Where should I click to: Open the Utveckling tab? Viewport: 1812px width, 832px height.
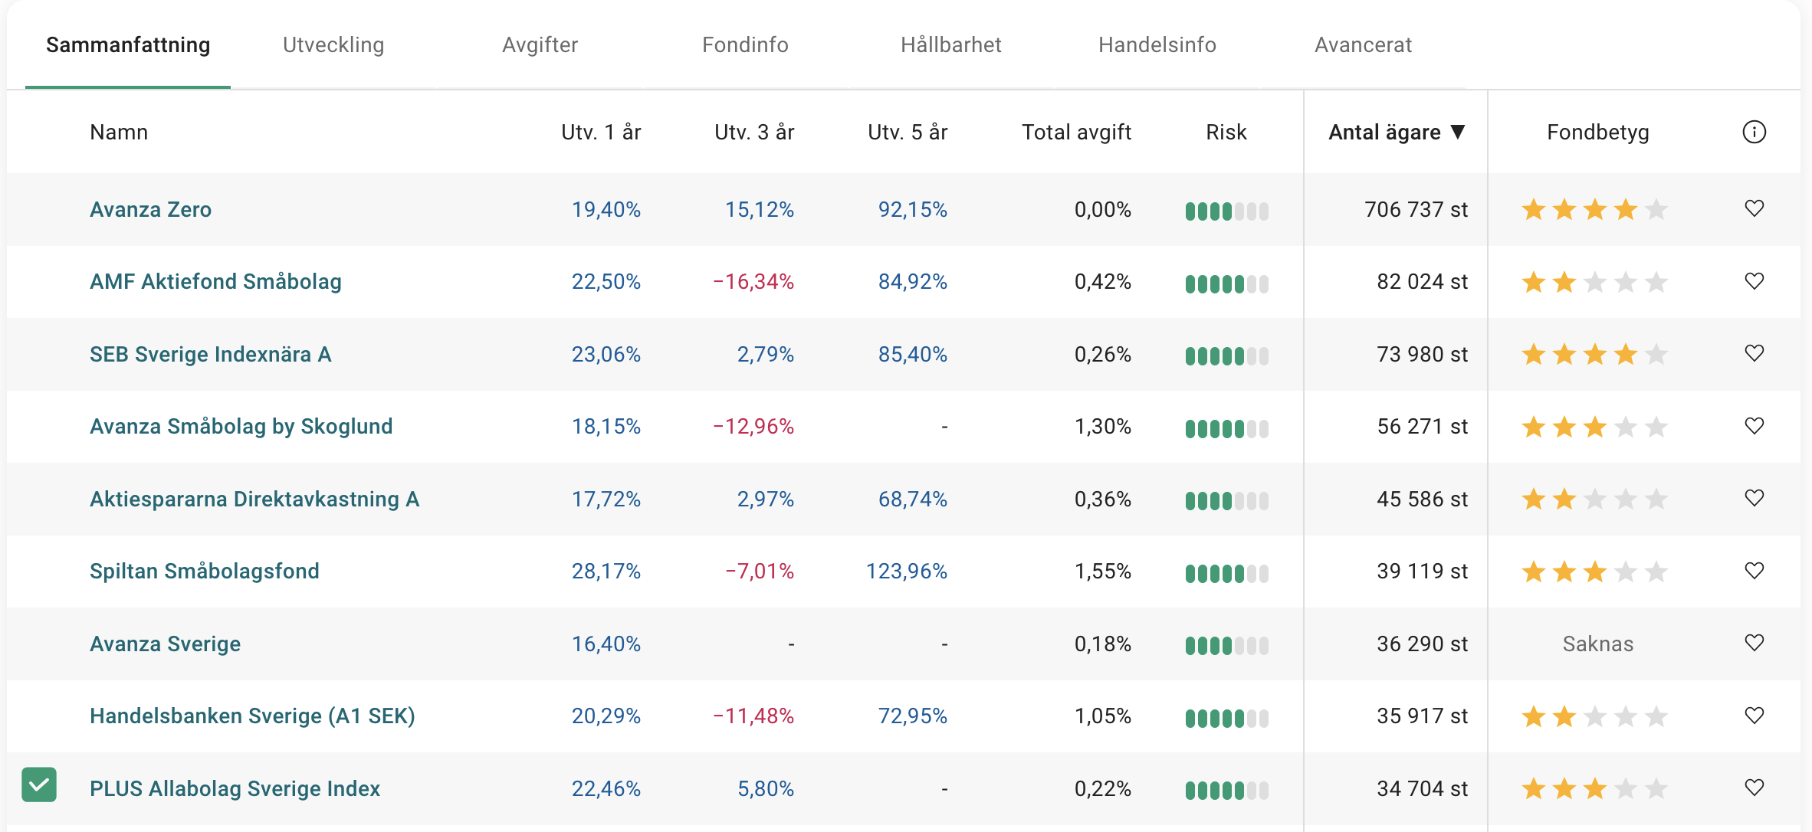pos(333,45)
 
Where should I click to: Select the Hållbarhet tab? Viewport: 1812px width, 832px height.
pos(950,45)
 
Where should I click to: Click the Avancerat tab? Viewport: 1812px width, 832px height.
pos(1363,45)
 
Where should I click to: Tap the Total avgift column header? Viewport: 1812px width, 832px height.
pos(1076,133)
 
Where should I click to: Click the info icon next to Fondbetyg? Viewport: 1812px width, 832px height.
pos(1754,133)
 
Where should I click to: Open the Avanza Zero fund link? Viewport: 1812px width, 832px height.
pos(150,210)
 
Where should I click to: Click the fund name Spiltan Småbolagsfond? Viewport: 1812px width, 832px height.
pos(204,572)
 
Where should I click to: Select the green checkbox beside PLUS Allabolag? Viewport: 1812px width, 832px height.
pos(39,785)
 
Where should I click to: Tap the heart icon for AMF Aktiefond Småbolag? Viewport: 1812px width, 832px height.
pos(1754,281)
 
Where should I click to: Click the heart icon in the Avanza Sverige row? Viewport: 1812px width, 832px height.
pos(1754,643)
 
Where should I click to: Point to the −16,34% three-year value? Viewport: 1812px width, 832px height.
pos(753,282)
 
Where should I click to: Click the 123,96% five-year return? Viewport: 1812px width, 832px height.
pos(906,572)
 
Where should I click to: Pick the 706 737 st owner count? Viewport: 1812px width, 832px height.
pos(1416,210)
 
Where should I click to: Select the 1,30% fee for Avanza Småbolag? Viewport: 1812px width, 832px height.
pos(1102,427)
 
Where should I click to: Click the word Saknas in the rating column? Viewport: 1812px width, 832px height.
pos(1597,644)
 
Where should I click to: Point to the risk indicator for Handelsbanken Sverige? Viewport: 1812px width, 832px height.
pos(1226,718)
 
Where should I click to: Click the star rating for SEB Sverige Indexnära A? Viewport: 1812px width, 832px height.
pos(1594,355)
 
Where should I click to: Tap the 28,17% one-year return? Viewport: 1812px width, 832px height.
pos(606,572)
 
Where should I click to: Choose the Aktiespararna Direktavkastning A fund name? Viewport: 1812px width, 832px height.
pos(254,500)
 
